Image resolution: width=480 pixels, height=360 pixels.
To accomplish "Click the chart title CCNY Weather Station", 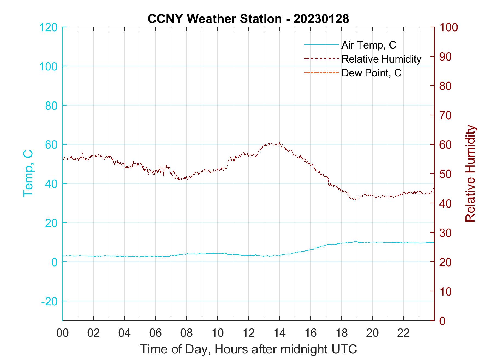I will coord(248,19).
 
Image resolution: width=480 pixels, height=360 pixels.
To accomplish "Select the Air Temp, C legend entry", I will coord(368,45).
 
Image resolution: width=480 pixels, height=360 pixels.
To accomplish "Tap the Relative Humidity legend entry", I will coord(381,59).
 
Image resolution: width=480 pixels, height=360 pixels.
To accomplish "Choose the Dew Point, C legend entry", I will coord(371,73).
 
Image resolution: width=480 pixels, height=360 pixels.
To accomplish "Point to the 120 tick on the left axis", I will coord(49,27).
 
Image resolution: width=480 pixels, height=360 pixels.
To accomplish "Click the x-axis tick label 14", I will coord(279,333).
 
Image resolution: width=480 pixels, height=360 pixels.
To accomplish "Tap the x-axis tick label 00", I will coord(63,333).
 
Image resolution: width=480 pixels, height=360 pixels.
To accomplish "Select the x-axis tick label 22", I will coord(403,333).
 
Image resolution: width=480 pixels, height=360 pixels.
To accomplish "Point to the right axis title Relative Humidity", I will coord(470,173).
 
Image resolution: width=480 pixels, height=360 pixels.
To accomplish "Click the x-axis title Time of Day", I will coord(248,349).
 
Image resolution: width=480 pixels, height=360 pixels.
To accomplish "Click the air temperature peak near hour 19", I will coord(356,241).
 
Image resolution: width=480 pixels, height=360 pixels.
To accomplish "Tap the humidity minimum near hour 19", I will coord(356,199).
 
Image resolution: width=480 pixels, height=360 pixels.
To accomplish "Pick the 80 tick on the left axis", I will coord(51,106).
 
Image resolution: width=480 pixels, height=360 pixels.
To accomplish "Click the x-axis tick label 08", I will coord(186,333).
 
